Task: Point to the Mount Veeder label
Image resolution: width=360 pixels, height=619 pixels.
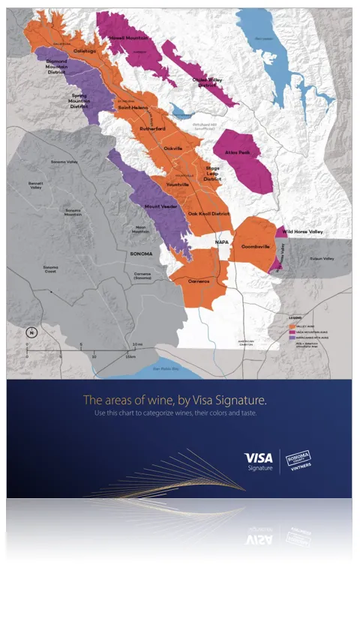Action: [x=160, y=205]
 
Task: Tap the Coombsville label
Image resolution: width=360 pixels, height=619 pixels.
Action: [x=256, y=246]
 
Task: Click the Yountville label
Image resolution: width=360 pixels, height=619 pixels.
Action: [x=178, y=185]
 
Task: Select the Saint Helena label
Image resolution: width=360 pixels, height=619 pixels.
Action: [x=133, y=109]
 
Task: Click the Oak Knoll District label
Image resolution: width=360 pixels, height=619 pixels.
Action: [x=208, y=214]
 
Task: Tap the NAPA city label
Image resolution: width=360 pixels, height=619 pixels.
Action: [x=222, y=242]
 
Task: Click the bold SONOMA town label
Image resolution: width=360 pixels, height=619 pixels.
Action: [x=141, y=254]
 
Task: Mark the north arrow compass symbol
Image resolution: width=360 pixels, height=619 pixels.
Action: [x=31, y=332]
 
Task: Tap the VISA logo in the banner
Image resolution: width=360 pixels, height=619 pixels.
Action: [x=258, y=456]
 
